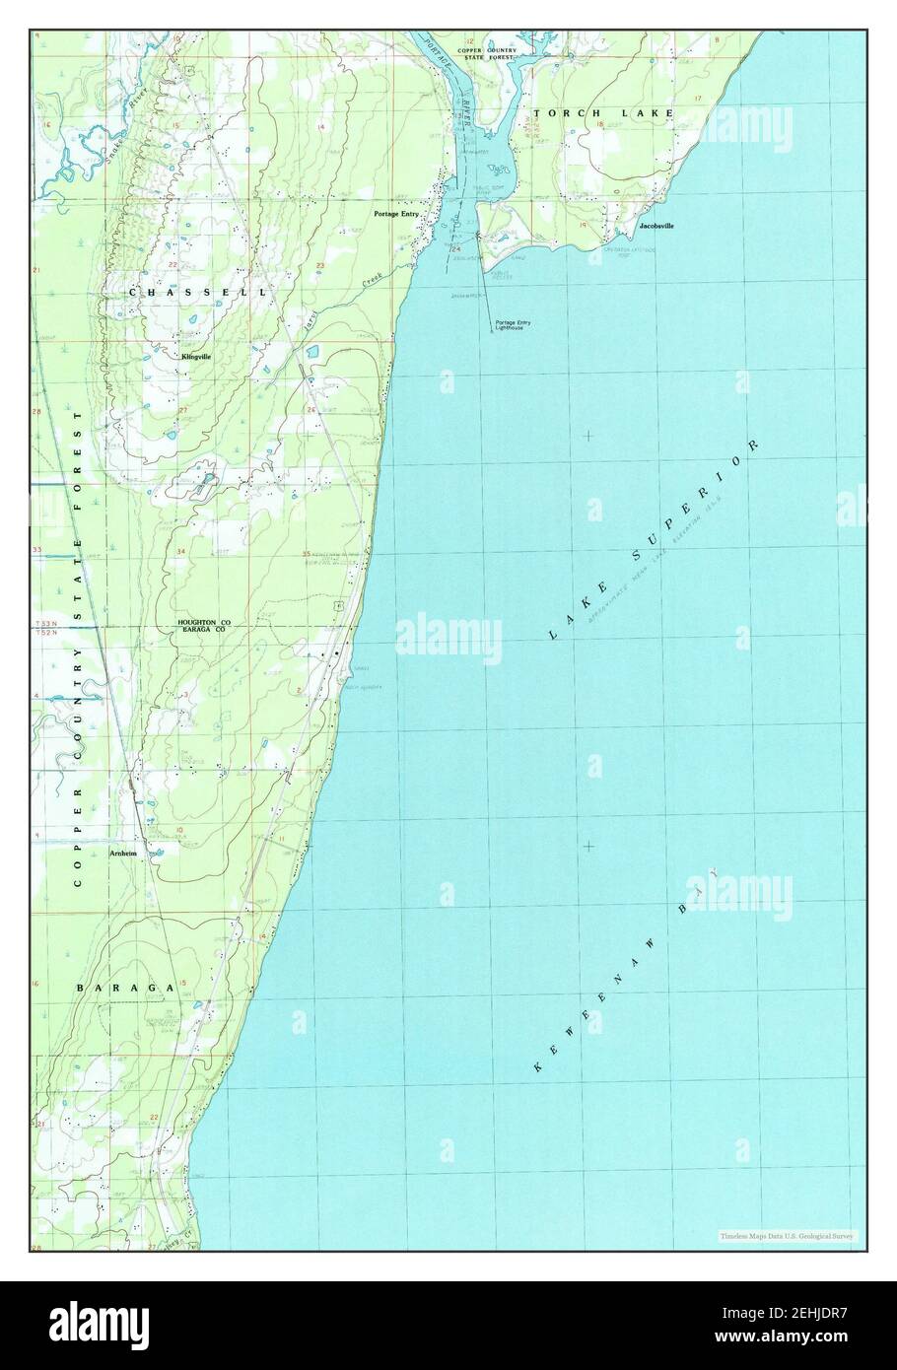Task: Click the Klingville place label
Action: (x=196, y=356)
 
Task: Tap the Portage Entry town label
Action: (x=397, y=214)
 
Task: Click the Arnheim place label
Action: (x=123, y=854)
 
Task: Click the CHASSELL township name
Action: (x=196, y=293)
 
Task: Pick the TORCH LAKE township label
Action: (x=603, y=113)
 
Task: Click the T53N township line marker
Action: (x=43, y=625)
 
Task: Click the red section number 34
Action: (x=180, y=551)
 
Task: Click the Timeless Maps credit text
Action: (x=788, y=1235)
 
